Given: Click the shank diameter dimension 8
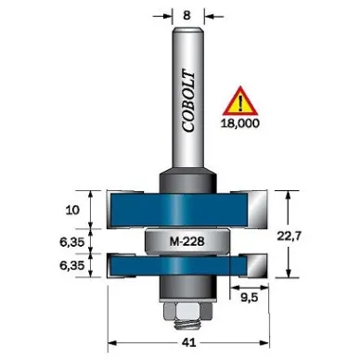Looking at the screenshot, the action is [186, 15].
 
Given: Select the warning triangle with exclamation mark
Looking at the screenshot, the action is [240, 101].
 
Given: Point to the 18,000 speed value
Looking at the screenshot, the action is [240, 123].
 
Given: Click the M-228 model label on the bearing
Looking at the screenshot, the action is [187, 240].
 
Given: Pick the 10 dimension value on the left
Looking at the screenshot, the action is [72, 211].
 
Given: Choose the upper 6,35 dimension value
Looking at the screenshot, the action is [72, 241].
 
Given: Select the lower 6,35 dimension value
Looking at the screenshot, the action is [72, 265].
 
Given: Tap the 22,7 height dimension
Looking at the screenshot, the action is [289, 236].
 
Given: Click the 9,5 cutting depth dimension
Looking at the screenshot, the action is [250, 298].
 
